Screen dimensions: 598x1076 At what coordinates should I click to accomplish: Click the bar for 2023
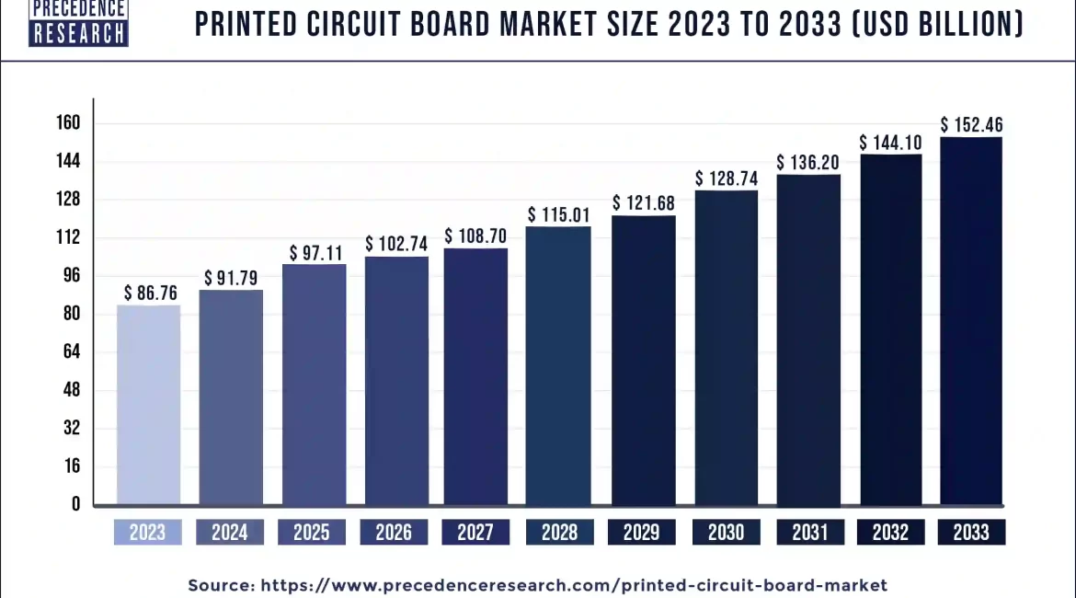[148, 405]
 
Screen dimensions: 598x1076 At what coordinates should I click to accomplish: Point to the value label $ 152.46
[971, 124]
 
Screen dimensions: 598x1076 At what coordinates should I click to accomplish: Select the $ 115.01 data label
[558, 214]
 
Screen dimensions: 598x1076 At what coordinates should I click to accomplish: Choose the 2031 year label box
[809, 532]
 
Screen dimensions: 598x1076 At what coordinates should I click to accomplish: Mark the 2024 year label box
[231, 532]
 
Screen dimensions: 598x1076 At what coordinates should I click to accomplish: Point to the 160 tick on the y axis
[70, 123]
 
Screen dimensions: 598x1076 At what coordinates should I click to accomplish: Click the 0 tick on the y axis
[75, 504]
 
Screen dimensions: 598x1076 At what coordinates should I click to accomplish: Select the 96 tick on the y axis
[72, 275]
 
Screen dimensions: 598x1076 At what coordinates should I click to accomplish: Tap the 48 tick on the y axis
[72, 390]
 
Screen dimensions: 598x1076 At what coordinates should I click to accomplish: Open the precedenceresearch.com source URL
[574, 584]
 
